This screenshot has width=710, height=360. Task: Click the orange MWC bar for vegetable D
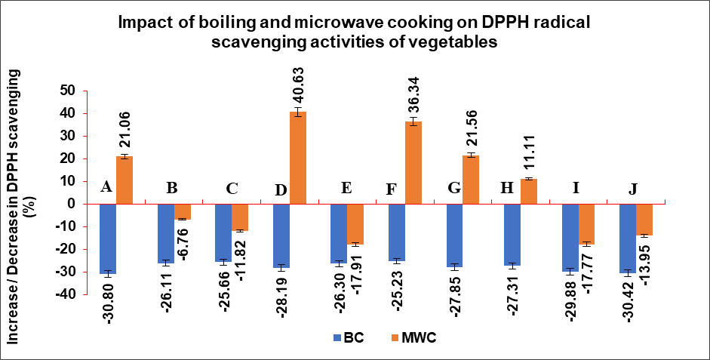[x=298, y=158]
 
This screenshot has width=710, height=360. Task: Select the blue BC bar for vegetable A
[x=107, y=238]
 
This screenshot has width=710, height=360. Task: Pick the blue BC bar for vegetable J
[x=627, y=238]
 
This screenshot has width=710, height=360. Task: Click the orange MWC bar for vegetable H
[x=529, y=191]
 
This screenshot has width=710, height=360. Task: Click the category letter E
[x=346, y=189]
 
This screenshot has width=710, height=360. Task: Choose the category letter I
[x=576, y=189]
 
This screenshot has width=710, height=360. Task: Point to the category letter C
[x=232, y=189]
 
